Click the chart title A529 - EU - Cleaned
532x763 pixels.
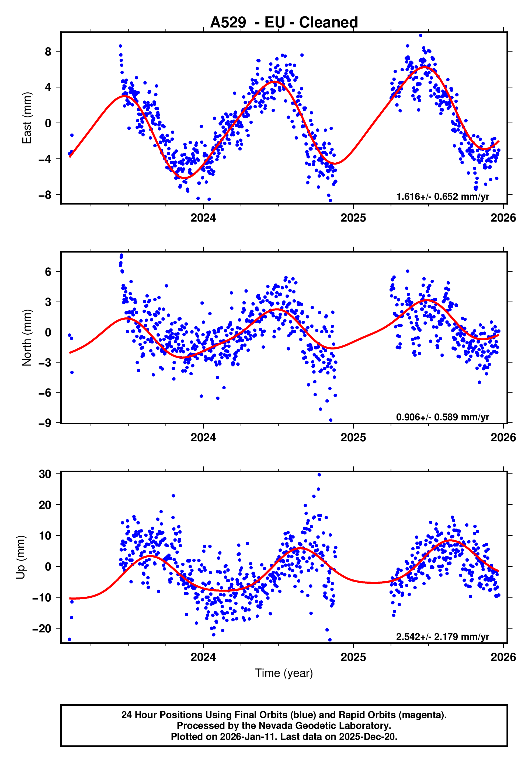(284, 23)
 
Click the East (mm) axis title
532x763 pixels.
(27, 118)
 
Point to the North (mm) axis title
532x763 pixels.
(27, 338)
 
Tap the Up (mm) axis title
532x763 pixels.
(21, 557)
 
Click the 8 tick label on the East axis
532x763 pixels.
(48, 51)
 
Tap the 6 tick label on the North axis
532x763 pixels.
(48, 272)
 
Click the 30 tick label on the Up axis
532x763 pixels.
(45, 474)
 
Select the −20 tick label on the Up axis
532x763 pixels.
(42, 628)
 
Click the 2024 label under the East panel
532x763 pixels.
(203, 218)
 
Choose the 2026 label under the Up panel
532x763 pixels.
(503, 657)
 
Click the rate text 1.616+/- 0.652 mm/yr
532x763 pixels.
(443, 197)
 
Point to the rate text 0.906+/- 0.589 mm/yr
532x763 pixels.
(443, 417)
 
